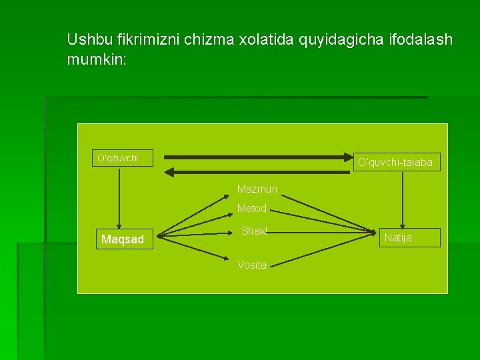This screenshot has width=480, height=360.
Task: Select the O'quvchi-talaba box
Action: click(395, 162)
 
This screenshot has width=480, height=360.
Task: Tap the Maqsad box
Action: click(122, 239)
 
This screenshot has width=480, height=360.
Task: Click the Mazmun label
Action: click(257, 189)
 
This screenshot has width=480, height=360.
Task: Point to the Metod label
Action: click(252, 209)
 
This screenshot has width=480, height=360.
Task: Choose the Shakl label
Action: click(254, 231)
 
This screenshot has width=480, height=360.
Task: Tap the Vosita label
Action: click(252, 265)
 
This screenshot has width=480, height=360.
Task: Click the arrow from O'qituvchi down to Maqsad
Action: click(120, 197)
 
